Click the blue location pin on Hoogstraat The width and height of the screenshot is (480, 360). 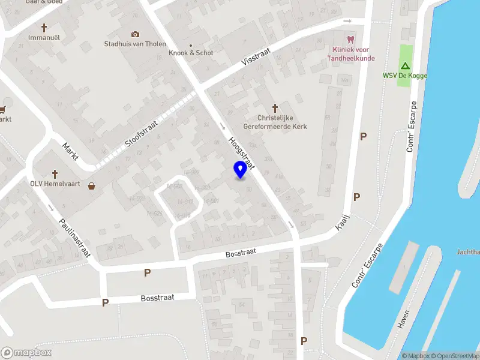point(240,169)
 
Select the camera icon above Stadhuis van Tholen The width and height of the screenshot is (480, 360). point(135,34)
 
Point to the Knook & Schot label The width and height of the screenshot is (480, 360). point(191,53)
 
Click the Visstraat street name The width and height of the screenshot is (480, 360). point(256,57)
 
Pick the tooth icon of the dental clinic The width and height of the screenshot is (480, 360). point(351,40)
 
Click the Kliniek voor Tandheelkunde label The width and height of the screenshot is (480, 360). point(351,54)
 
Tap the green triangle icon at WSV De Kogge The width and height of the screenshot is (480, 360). point(405,66)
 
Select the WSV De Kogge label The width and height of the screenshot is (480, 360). point(405,76)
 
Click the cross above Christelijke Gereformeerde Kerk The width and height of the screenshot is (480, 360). point(275,108)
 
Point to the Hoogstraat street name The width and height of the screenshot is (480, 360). point(241,152)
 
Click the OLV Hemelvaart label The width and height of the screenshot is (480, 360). point(54,184)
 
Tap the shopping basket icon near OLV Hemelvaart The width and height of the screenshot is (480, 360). point(92,186)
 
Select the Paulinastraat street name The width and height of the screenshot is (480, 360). point(74,238)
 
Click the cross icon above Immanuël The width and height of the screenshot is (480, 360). point(44,28)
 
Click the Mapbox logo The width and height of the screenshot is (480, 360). point(26,353)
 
